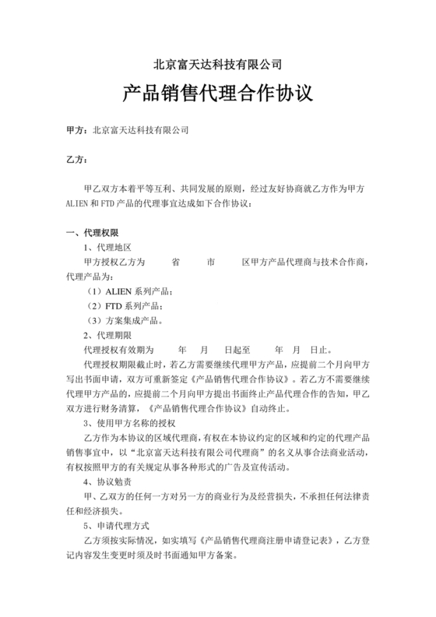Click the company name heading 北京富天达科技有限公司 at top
pyautogui.click(x=217, y=64)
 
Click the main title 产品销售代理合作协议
pyautogui.click(x=217, y=95)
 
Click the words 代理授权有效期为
pyautogui.click(x=118, y=350)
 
